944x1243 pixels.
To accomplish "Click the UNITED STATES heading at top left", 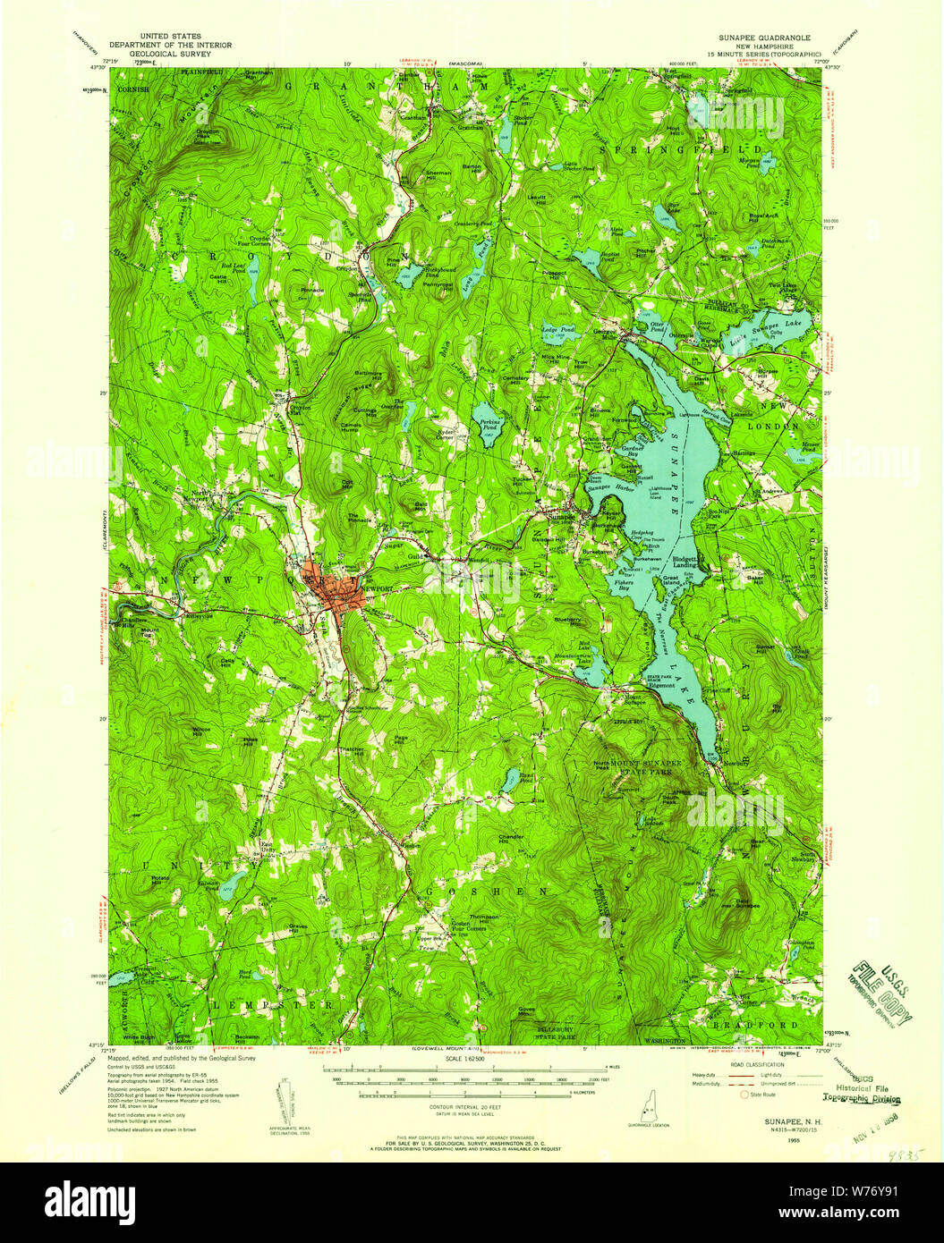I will tap(170, 37).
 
